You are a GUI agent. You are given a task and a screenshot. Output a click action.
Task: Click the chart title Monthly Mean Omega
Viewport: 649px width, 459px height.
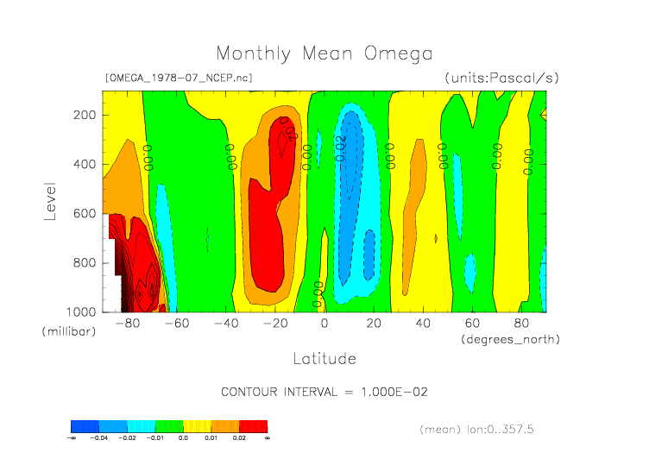point(324,54)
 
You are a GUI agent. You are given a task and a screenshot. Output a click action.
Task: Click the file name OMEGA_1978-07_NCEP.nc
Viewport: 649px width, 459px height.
point(178,78)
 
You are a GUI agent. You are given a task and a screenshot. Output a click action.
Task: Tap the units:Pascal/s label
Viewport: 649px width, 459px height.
point(501,78)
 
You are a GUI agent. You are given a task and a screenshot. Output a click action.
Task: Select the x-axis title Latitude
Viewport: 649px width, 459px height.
point(324,358)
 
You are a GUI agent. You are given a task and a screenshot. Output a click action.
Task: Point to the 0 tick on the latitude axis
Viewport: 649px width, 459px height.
point(324,324)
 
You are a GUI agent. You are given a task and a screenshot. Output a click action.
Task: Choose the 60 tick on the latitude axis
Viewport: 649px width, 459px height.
point(472,324)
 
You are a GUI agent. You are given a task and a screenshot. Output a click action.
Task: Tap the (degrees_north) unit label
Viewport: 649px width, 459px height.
point(510,339)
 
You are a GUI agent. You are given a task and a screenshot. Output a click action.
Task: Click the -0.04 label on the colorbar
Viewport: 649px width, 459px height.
point(99,438)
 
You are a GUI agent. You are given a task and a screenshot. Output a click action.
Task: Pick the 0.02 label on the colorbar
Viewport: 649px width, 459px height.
point(239,438)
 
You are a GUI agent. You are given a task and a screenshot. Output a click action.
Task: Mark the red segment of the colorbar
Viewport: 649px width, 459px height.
point(253,426)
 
